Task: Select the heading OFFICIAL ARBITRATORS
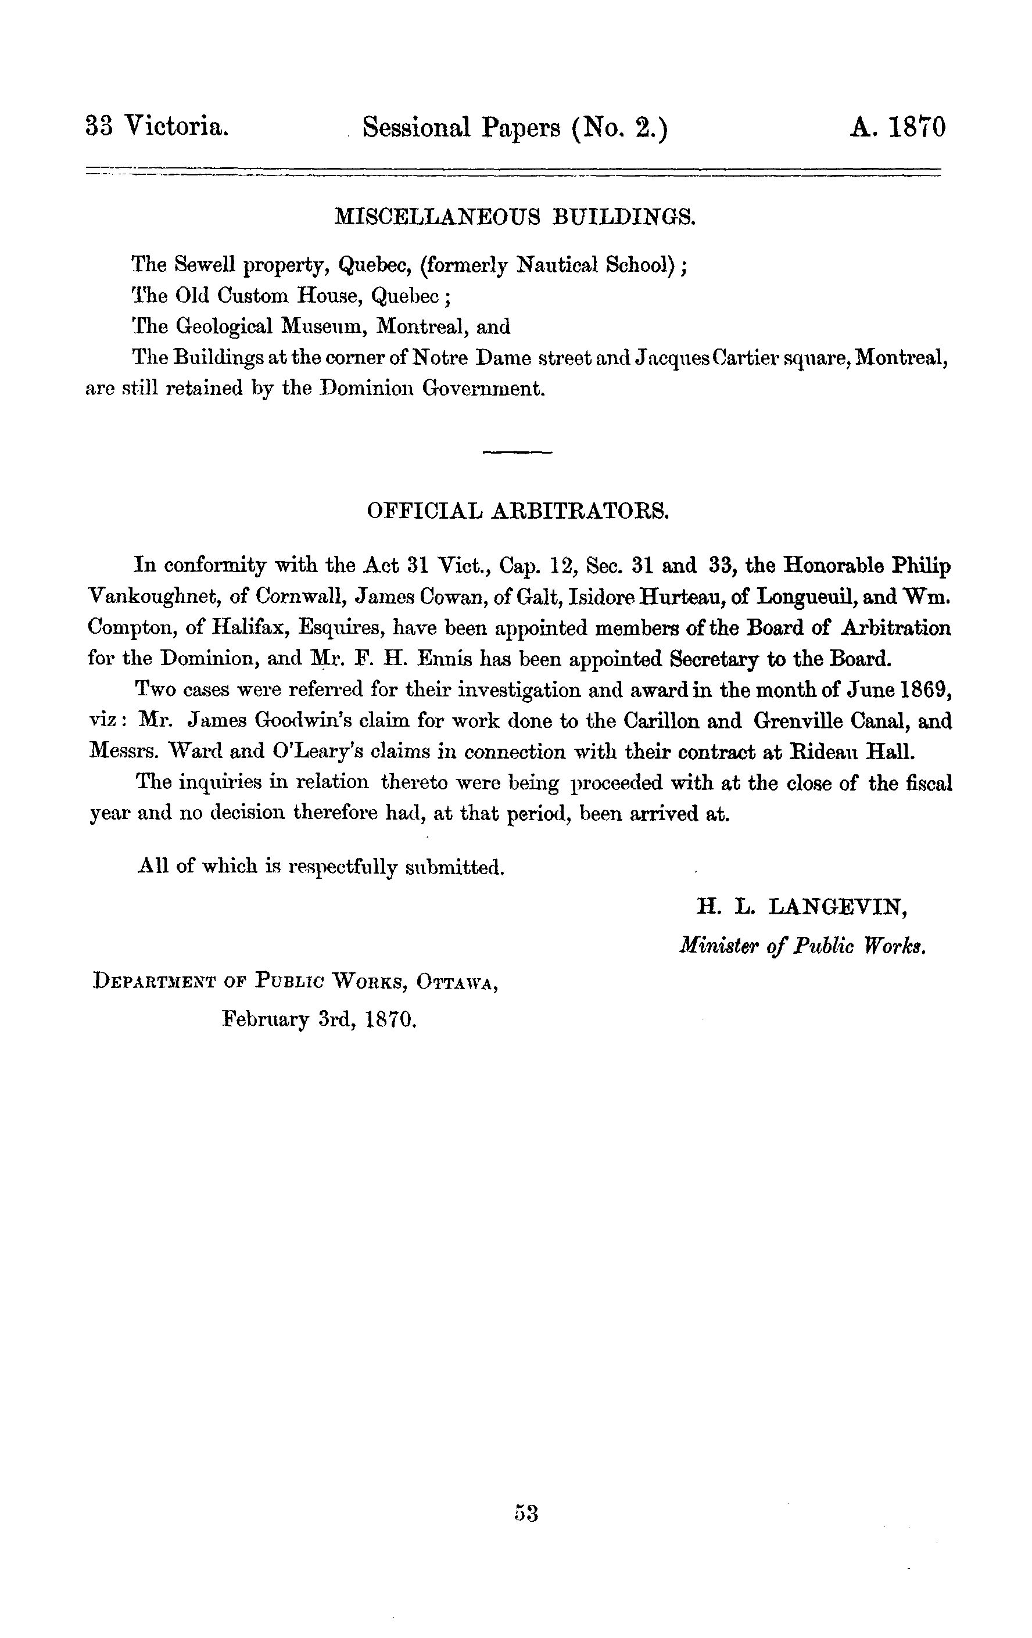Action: point(518,511)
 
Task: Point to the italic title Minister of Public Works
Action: point(802,946)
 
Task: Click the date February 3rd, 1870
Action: point(319,1019)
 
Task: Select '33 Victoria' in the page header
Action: point(157,127)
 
